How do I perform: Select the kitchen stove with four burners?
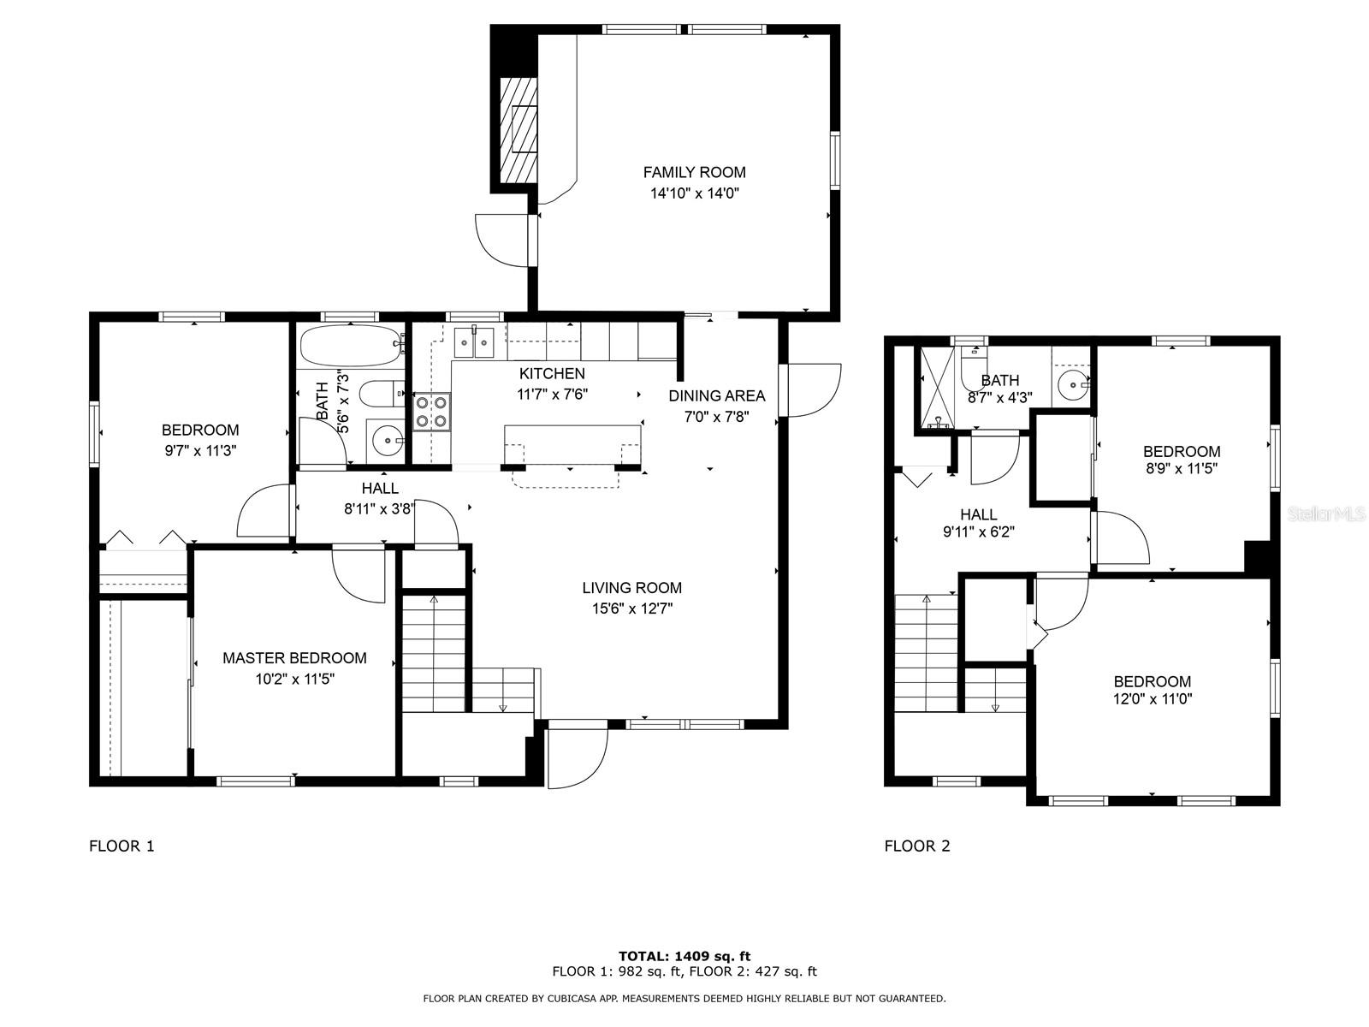431,411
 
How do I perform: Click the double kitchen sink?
473,342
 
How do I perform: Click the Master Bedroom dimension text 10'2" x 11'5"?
294,680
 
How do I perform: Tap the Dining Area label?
716,395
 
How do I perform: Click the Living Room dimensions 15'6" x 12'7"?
631,609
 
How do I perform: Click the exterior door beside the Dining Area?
813,390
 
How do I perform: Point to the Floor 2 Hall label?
978,514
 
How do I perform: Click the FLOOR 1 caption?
121,846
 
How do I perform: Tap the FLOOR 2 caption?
916,846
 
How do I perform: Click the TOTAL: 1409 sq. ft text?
684,956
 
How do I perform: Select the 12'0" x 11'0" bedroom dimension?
1152,698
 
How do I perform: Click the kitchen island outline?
572,445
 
